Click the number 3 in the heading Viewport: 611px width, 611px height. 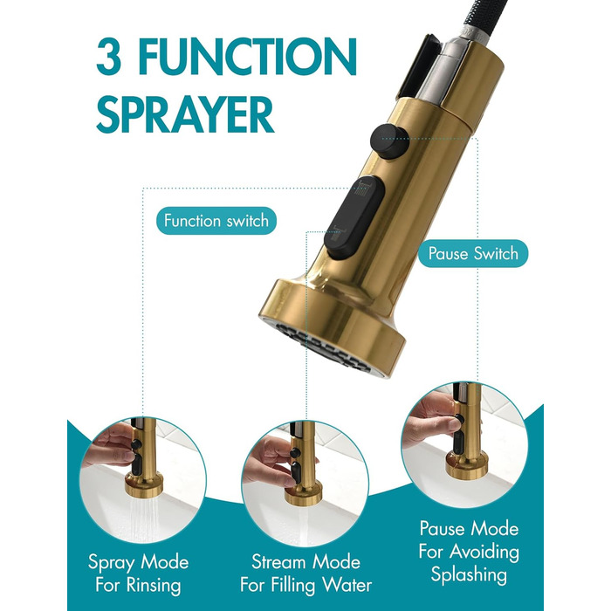point(106,57)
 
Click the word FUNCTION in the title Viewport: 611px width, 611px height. point(247,57)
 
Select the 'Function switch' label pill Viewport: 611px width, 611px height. point(216,221)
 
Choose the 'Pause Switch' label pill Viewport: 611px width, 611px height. point(473,253)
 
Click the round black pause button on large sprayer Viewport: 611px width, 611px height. point(389,141)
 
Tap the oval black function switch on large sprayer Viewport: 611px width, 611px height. point(354,216)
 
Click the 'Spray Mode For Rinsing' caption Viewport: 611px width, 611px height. point(138,573)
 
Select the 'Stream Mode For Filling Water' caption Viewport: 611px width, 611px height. point(305,573)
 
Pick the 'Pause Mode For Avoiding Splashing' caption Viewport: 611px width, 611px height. point(469,552)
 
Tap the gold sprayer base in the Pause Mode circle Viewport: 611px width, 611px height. point(466,465)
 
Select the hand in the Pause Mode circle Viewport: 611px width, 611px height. point(430,422)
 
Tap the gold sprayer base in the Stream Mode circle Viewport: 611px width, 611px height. point(303,494)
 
